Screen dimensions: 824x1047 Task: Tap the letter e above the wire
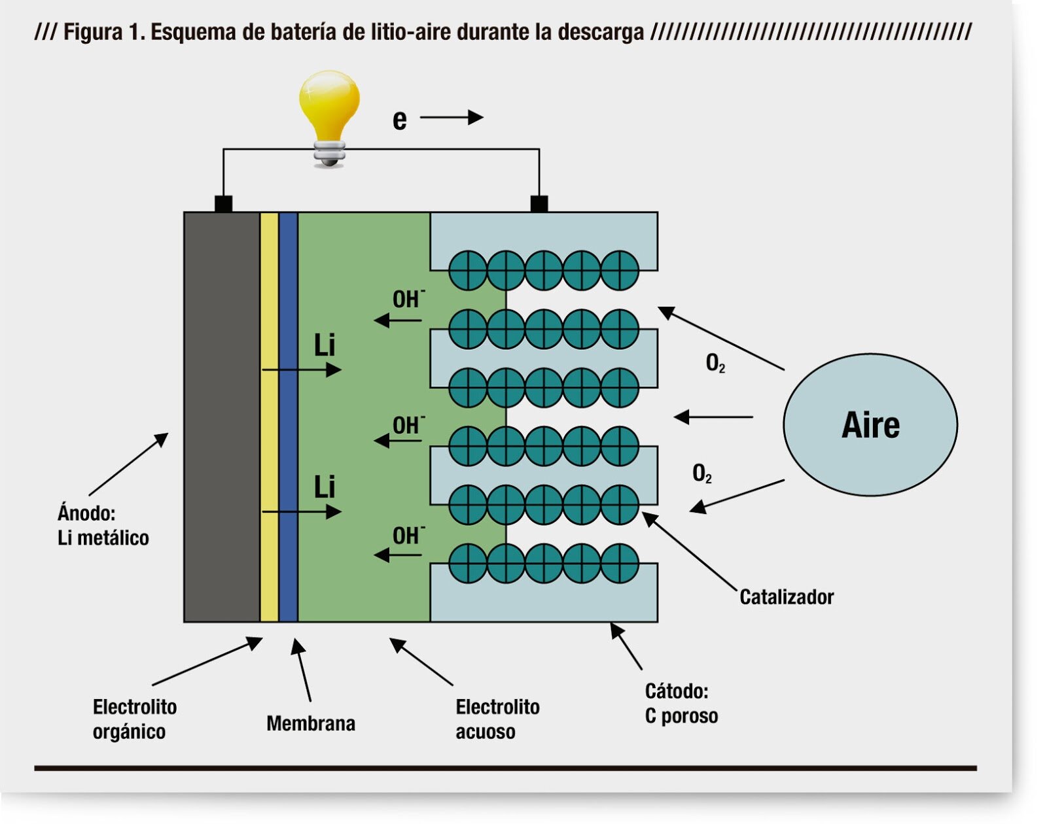pyautogui.click(x=399, y=120)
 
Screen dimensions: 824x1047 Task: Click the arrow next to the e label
pyautogui.click(x=452, y=118)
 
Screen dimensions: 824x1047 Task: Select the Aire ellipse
pyautogui.click(x=870, y=425)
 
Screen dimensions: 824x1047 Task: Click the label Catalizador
pyautogui.click(x=786, y=597)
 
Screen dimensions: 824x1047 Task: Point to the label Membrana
pyautogui.click(x=311, y=723)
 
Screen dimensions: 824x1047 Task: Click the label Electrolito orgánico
pyautogui.click(x=134, y=719)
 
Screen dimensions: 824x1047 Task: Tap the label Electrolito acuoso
pyautogui.click(x=497, y=719)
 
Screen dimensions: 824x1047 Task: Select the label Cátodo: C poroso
pyautogui.click(x=681, y=704)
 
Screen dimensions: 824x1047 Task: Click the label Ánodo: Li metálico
pyautogui.click(x=103, y=526)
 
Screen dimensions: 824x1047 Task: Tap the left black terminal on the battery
pyautogui.click(x=223, y=203)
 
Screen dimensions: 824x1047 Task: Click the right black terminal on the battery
pyautogui.click(x=539, y=203)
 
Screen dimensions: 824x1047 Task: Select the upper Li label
pyautogui.click(x=325, y=345)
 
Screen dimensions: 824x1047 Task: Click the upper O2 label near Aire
pyautogui.click(x=715, y=363)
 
